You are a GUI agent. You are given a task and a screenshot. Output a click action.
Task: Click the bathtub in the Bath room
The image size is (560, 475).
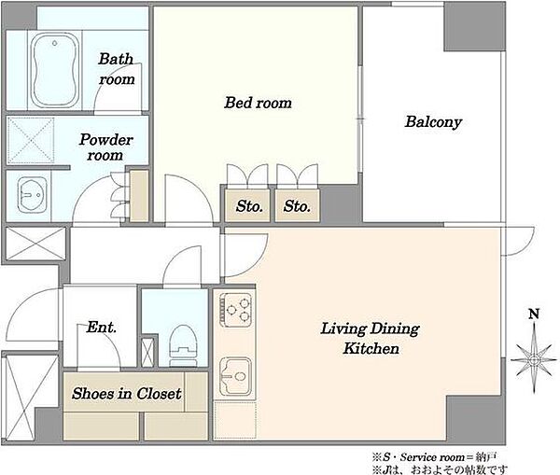point(54,70)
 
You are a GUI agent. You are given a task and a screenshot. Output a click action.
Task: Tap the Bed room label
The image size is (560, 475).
point(258,103)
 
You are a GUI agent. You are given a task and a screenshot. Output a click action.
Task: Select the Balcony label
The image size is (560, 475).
point(433,122)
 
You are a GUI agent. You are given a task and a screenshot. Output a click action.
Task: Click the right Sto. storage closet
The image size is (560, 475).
point(297,205)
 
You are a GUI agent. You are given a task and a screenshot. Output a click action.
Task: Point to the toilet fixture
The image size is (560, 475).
point(183,345)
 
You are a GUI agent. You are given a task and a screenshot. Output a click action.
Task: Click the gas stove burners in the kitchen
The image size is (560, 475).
point(236,309)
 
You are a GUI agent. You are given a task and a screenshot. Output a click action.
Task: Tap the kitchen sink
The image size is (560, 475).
point(235,376)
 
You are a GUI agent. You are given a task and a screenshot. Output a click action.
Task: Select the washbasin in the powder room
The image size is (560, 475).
point(32,195)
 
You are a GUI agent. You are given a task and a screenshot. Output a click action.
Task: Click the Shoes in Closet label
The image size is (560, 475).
point(126,394)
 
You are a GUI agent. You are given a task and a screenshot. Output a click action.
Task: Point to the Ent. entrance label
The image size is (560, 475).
point(102,328)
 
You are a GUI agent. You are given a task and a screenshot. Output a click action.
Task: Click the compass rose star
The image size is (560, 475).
point(534,359)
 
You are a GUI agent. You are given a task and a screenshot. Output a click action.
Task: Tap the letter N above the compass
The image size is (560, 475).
point(534,314)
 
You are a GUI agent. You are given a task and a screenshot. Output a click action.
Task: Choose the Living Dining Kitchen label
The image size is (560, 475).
point(370,339)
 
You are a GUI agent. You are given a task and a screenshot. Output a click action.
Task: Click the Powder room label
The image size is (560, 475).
point(105,147)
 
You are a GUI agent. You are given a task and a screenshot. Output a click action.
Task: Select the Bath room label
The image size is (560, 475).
point(117,69)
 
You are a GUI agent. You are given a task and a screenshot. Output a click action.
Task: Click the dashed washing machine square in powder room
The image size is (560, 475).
point(31,140)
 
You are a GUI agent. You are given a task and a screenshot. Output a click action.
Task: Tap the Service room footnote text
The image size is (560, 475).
point(434,456)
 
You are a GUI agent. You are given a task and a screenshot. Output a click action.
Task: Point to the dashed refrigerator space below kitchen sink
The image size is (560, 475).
point(235,420)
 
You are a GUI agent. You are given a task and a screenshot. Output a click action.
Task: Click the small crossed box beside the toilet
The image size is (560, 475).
point(147,352)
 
